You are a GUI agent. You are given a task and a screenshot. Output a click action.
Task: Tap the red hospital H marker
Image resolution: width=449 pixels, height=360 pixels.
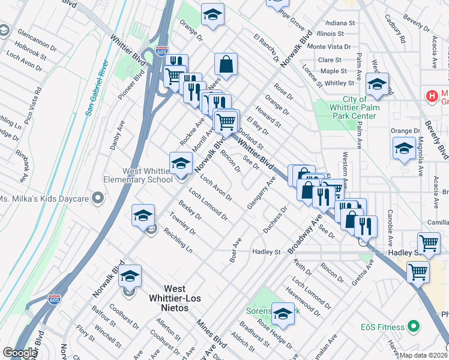point(430,95)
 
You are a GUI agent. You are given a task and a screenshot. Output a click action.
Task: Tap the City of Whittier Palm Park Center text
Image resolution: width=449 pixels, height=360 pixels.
point(355,107)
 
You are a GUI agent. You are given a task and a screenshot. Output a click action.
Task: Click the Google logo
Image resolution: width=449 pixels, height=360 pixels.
point(20,353)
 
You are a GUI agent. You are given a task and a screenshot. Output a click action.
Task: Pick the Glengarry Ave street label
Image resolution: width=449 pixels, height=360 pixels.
point(261,193)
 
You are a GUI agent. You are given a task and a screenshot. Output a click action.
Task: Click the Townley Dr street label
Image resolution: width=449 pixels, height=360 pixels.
point(182,224)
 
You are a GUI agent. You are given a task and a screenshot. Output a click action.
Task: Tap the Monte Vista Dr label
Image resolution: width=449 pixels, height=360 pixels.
point(328,47)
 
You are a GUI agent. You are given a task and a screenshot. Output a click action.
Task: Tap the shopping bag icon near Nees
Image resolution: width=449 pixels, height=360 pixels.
point(226,64)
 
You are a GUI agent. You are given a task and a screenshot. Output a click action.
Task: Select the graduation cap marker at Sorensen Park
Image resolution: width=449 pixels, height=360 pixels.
point(283,313)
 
